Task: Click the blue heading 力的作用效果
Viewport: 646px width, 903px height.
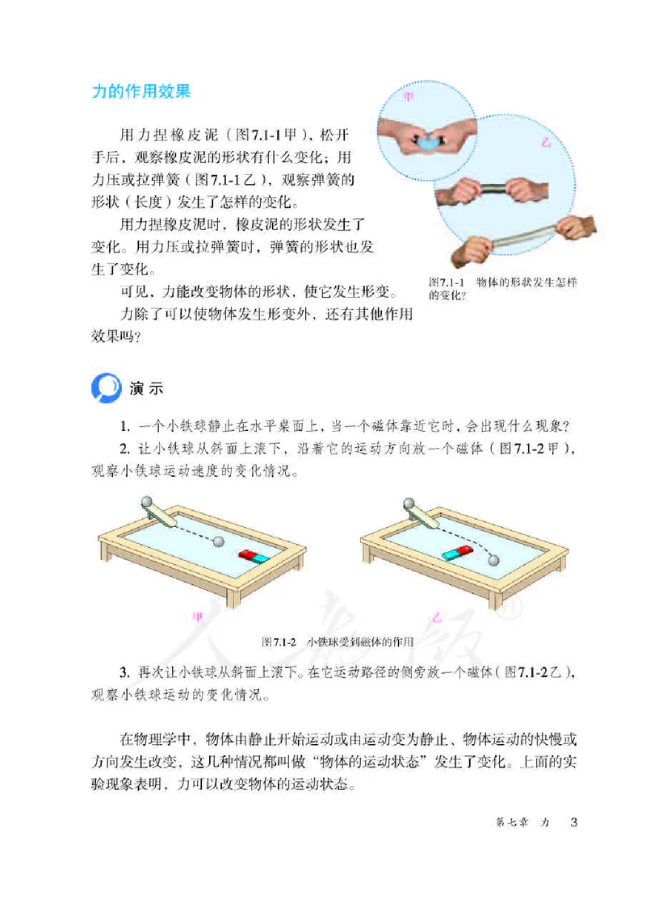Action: pos(142,92)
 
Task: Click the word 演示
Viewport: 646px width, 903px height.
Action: pos(146,388)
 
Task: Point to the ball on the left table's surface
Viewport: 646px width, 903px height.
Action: pos(217,541)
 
